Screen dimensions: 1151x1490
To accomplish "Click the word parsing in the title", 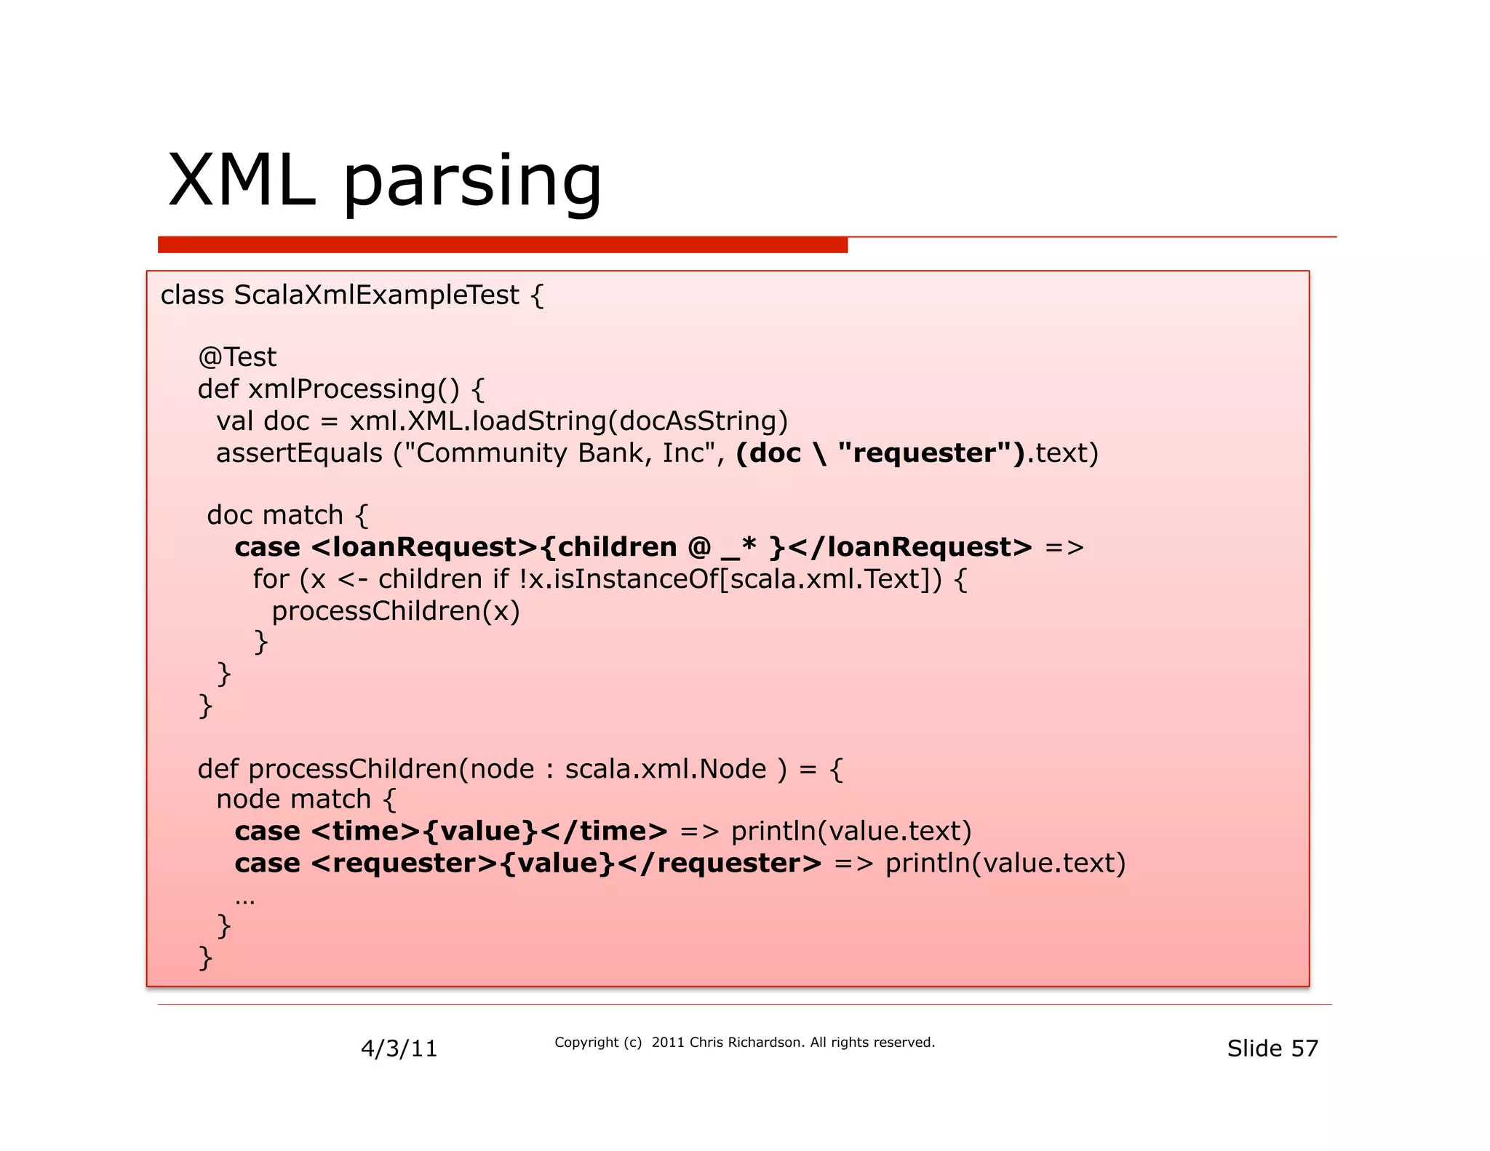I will pyautogui.click(x=471, y=183).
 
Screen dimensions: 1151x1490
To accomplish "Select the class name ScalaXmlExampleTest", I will pyautogui.click(x=376, y=295).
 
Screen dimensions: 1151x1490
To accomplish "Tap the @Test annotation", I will pyautogui.click(x=237, y=357).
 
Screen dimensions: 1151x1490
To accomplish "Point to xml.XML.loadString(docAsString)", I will pyautogui.click(x=568, y=421).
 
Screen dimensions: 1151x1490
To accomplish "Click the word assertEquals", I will pyautogui.click(x=299, y=453).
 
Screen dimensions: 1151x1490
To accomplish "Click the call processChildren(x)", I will pyautogui.click(x=396, y=611).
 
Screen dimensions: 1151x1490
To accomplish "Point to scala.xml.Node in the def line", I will pyautogui.click(x=666, y=769).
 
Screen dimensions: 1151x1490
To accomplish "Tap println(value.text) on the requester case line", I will pyautogui.click(x=1005, y=864).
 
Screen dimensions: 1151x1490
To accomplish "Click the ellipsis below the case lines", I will pyautogui.click(x=245, y=901).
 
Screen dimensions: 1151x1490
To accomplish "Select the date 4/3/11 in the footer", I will pyautogui.click(x=399, y=1048).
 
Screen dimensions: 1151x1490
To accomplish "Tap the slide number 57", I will pyautogui.click(x=1304, y=1048).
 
